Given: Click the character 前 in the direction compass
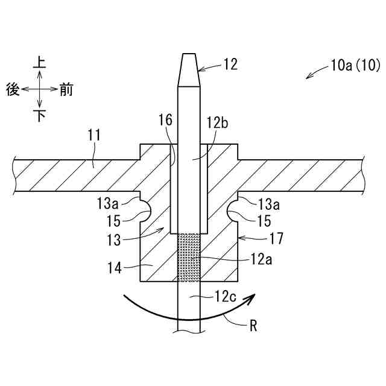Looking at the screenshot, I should (66, 90).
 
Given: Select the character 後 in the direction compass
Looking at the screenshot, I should (13, 90).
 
